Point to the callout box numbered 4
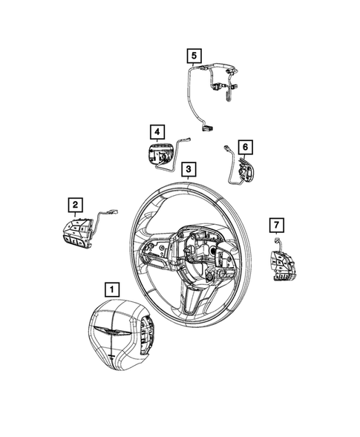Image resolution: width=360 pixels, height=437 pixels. point(157,132)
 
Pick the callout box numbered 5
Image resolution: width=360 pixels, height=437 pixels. point(193,54)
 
